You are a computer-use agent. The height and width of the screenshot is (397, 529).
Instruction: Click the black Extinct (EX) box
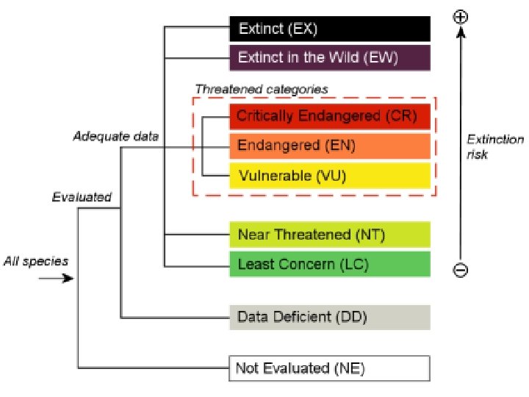tap(329, 29)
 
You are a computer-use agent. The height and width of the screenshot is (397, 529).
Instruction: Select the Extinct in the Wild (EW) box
tap(329, 57)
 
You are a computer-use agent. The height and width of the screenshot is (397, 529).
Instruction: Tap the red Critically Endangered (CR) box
tap(329, 116)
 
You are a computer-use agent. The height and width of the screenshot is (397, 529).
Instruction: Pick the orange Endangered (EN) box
tap(329, 146)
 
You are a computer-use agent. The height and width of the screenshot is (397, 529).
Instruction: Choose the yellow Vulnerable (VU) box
tap(329, 176)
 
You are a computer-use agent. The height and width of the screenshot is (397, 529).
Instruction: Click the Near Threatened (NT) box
tap(329, 235)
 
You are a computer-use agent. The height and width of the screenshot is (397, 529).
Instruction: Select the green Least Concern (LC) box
tap(329, 264)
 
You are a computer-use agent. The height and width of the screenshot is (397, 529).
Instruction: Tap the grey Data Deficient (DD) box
tap(329, 318)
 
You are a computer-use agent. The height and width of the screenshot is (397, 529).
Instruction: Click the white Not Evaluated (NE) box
tap(329, 368)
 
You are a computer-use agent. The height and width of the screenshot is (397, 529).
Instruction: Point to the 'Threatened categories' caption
tap(261, 89)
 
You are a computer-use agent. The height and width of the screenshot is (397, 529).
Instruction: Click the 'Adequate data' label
tap(115, 136)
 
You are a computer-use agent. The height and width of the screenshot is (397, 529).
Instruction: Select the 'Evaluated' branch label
tap(82, 196)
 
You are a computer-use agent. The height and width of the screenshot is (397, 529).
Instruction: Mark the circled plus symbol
tap(461, 16)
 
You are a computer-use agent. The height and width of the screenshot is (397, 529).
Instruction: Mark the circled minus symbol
tap(460, 270)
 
